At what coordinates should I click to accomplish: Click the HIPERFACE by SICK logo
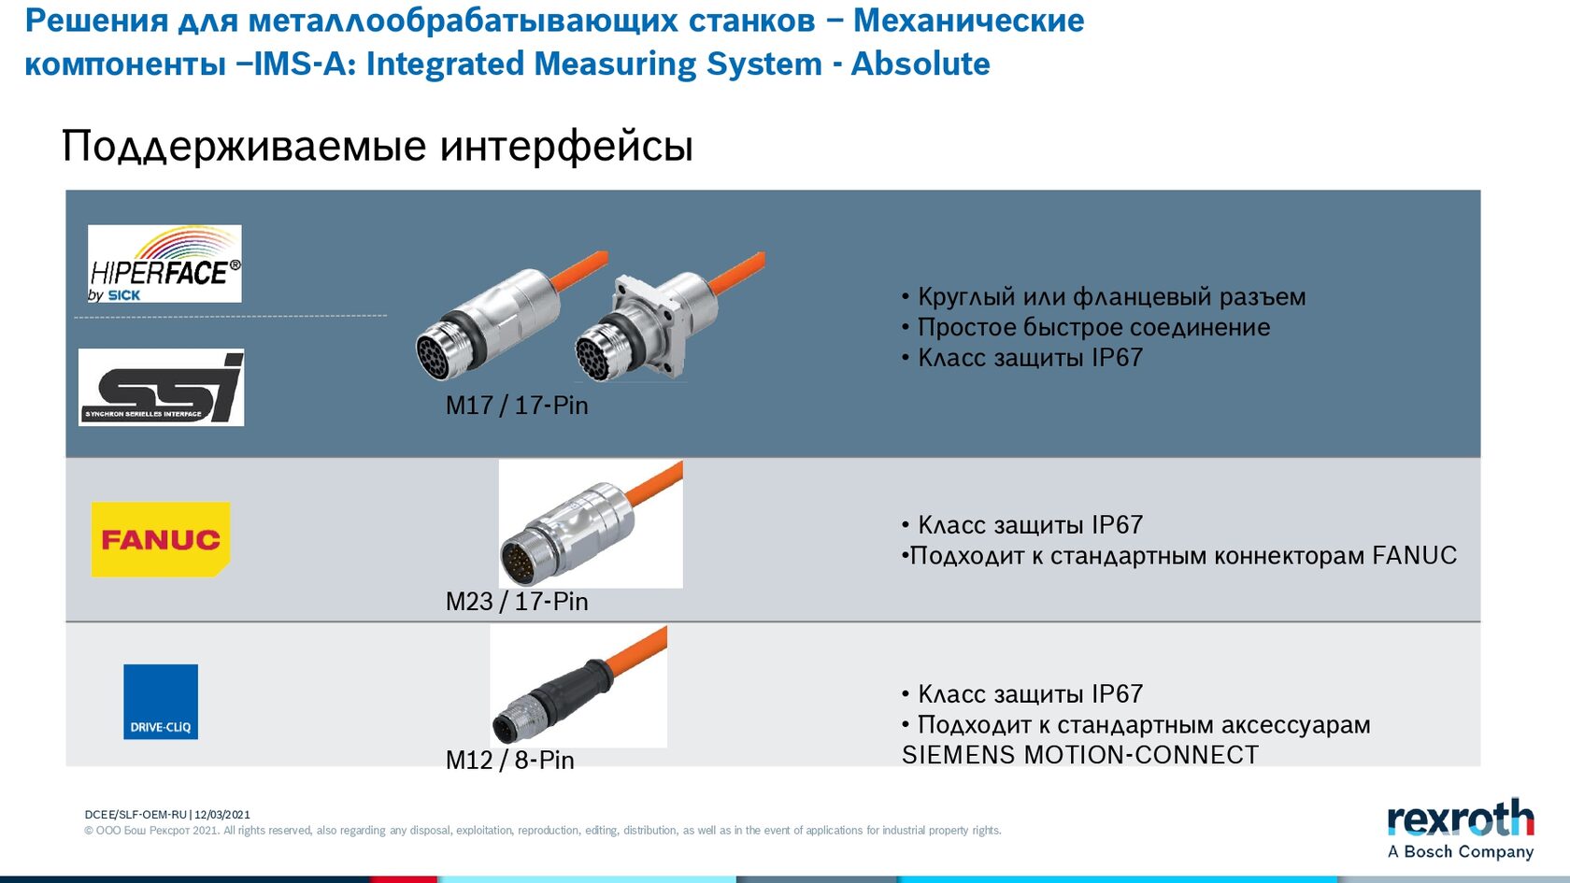pyautogui.click(x=164, y=263)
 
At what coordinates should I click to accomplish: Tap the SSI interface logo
pyautogui.click(x=161, y=387)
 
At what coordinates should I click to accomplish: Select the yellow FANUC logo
pyautogui.click(x=161, y=539)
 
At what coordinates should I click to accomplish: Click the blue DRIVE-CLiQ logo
pyautogui.click(x=161, y=702)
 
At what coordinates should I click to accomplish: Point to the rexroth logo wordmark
pyautogui.click(x=1461, y=818)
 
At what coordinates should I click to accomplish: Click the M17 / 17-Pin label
pyautogui.click(x=517, y=406)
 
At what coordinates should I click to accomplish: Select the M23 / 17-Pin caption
pyautogui.click(x=517, y=602)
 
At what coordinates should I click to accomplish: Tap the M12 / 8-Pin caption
pyautogui.click(x=509, y=761)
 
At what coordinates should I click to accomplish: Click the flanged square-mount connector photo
pyautogui.click(x=669, y=317)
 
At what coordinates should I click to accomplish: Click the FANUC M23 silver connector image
pyautogui.click(x=591, y=524)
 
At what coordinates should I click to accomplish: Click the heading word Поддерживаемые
pyautogui.click(x=244, y=146)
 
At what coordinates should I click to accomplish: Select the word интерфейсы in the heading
pyautogui.click(x=567, y=146)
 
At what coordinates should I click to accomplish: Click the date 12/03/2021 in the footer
pyautogui.click(x=222, y=815)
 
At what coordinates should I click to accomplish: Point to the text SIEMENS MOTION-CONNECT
pyautogui.click(x=1080, y=755)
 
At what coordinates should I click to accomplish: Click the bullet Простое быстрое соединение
pyautogui.click(x=1093, y=327)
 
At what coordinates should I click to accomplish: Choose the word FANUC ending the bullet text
pyautogui.click(x=1415, y=556)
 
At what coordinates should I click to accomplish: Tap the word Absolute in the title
pyautogui.click(x=921, y=64)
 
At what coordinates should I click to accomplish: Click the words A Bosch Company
pyautogui.click(x=1461, y=851)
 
